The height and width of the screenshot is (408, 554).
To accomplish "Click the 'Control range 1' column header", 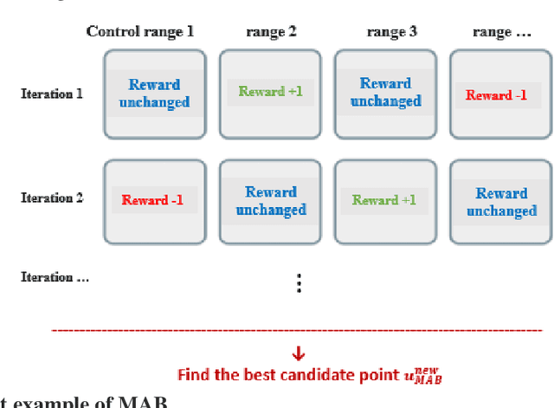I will point(140,32).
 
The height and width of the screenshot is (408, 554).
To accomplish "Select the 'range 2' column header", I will point(272,32).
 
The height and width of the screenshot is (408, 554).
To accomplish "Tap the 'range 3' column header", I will point(391,32).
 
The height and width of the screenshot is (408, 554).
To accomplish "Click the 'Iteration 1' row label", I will point(52,93).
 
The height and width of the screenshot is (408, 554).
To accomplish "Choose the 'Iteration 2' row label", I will point(52,198).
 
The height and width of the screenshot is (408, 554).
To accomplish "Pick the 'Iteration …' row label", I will point(55,277).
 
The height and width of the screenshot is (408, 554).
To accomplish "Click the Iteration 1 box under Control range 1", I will point(155,94).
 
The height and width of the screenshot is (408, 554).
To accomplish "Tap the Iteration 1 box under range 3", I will point(386,94).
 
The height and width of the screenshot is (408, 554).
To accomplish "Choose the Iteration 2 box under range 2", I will point(270,201).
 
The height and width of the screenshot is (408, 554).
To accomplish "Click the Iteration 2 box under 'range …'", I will point(500,201).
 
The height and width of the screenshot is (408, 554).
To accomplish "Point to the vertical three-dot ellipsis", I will point(299,284).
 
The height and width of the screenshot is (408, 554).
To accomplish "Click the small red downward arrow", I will point(298,353).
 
